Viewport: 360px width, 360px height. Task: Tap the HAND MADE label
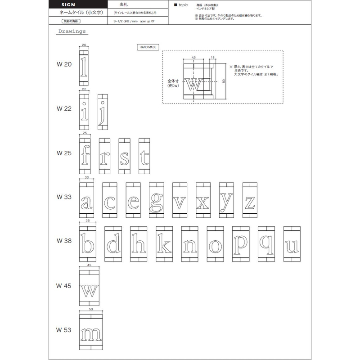coord(148,47)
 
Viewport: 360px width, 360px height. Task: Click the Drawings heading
coord(72,31)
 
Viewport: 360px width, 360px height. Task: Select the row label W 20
coord(64,64)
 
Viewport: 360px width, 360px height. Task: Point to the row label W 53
coord(64,330)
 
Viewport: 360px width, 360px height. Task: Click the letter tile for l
coord(84,68)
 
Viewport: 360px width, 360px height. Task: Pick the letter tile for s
coord(124,157)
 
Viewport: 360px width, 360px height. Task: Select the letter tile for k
coord(165,244)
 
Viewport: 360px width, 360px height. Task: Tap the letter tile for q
coord(267,244)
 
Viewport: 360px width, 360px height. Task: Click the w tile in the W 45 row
coord(89,288)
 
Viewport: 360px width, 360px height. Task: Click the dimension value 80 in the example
coord(224,81)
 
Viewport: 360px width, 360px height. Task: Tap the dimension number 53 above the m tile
coord(91,310)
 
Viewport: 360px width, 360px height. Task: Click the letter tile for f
coord(85,157)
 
